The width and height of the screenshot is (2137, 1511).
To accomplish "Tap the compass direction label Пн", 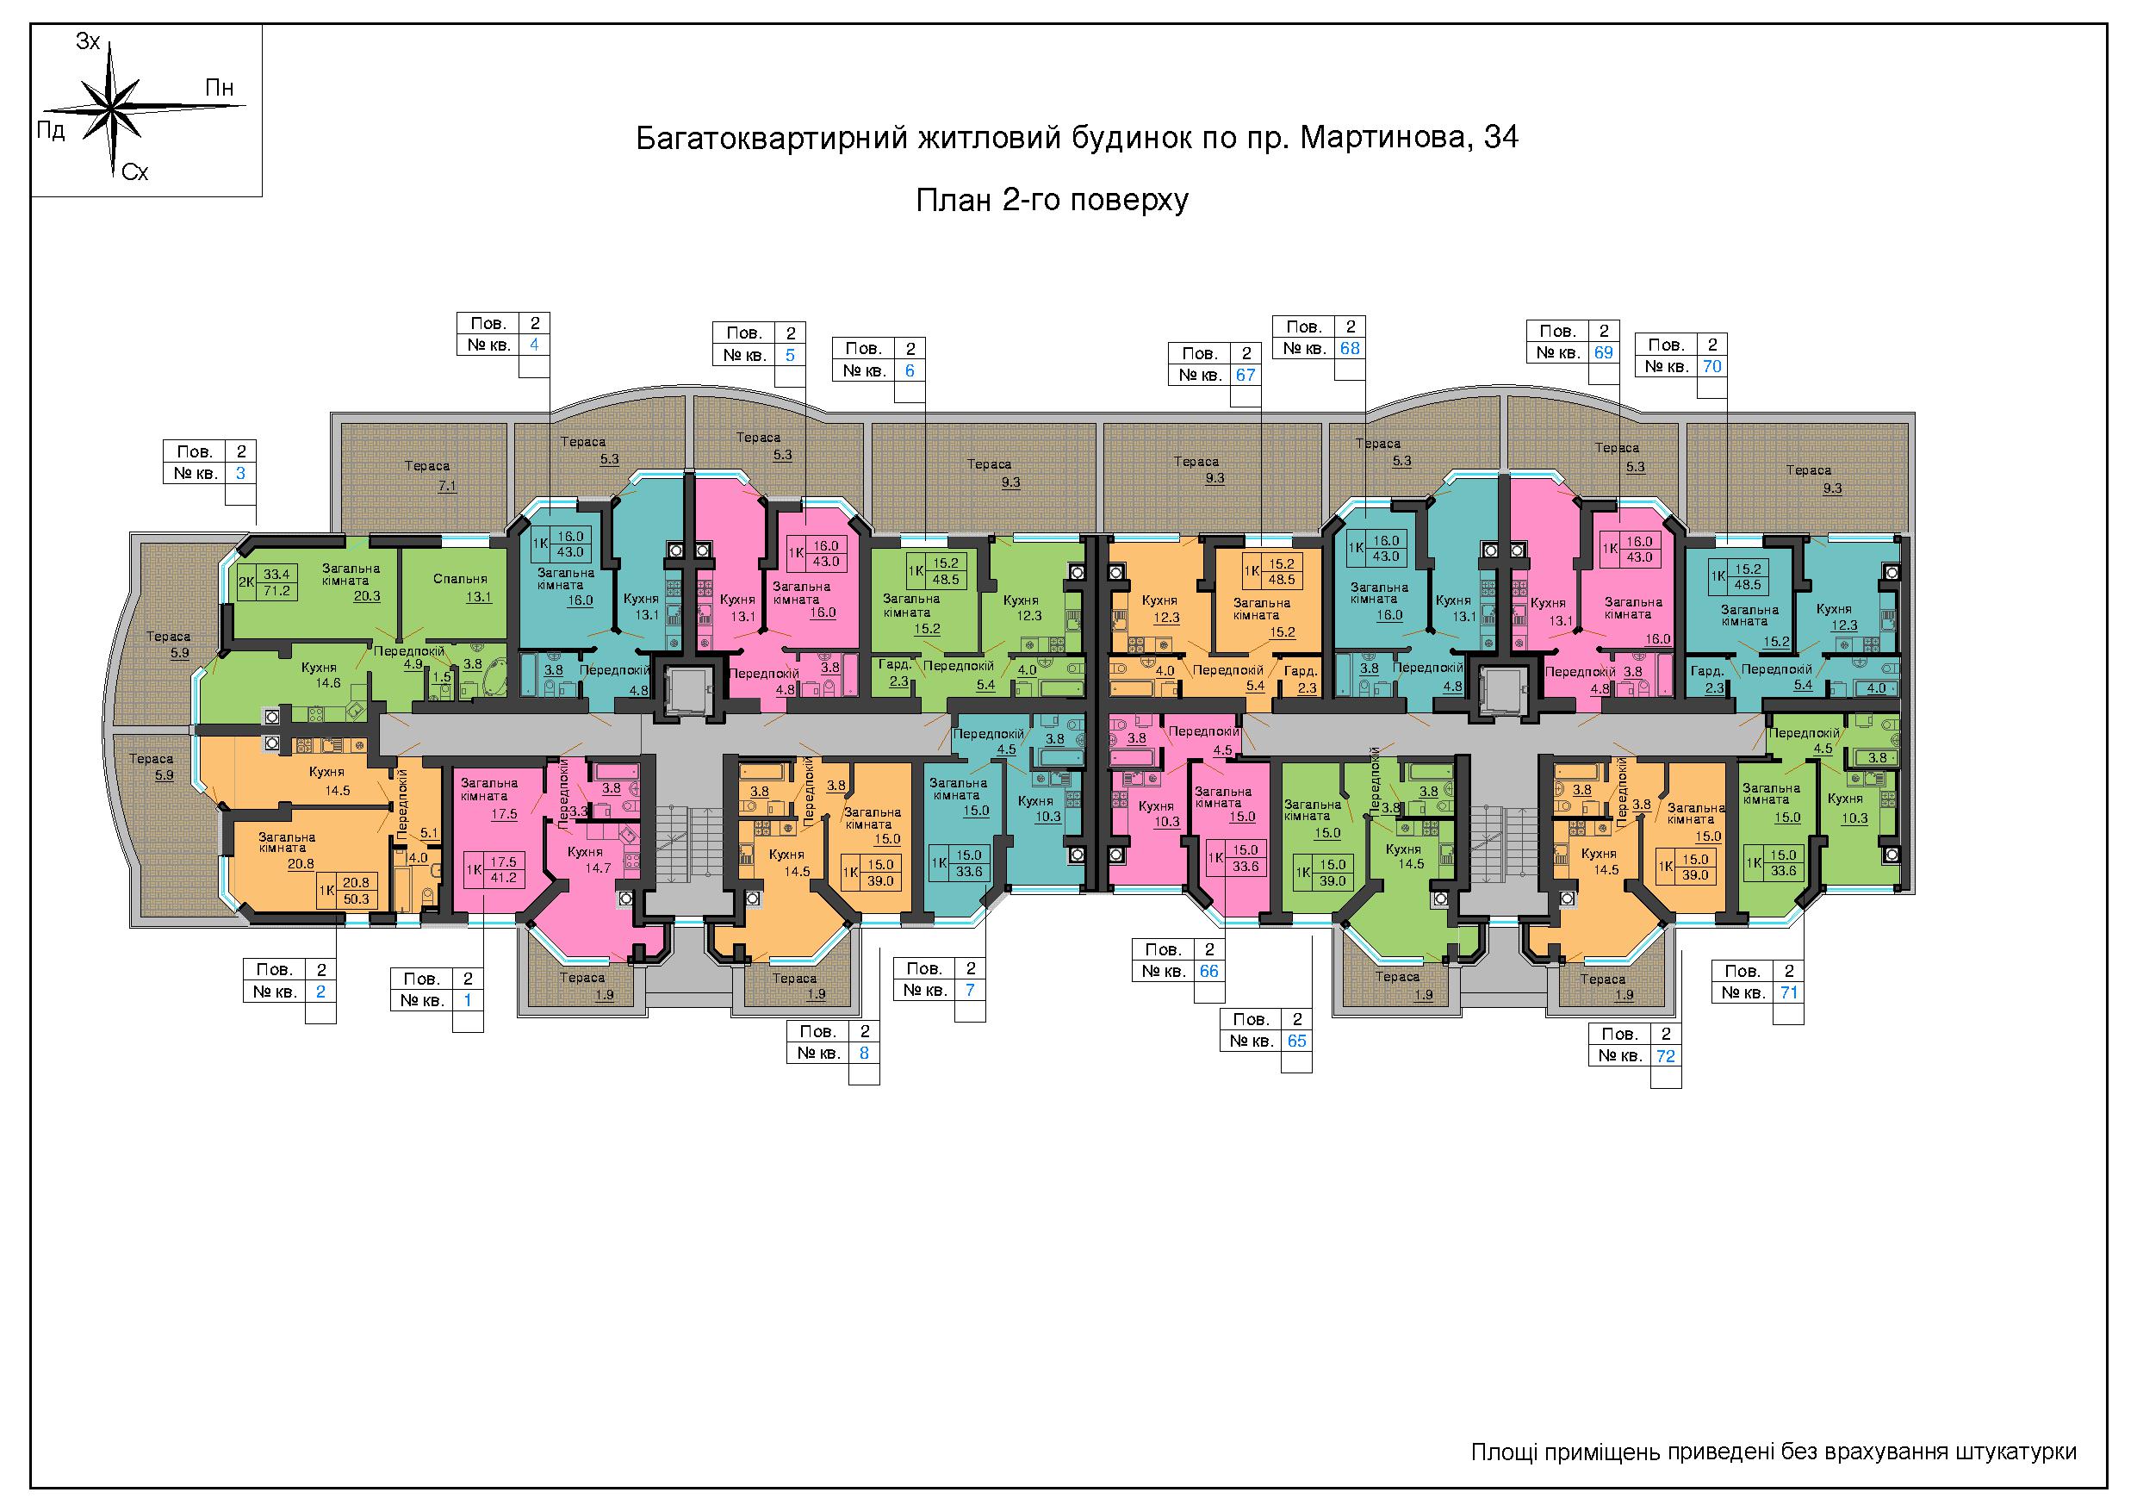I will pos(220,89).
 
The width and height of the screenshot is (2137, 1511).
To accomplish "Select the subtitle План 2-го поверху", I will pos(1052,200).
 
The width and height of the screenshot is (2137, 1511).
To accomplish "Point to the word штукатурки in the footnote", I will pos(2017,1452).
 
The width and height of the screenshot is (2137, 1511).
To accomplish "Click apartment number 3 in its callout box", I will pos(240,473).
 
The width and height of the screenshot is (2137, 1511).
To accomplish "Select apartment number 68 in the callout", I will pos(1350,348).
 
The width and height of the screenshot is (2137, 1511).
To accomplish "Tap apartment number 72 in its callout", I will pos(1665,1056).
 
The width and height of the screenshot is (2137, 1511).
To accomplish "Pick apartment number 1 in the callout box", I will pos(467,1000).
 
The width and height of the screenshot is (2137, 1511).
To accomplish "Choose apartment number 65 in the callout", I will pos(1296,1040).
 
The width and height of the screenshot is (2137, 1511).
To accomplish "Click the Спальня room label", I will pos(460,579).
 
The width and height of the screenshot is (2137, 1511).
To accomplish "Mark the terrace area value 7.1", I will pos(448,486).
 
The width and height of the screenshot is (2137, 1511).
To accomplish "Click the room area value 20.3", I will pos(367,597).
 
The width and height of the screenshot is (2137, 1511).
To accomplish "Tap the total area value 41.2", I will pos(504,877).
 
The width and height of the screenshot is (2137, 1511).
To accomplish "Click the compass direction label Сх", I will pos(135,172).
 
